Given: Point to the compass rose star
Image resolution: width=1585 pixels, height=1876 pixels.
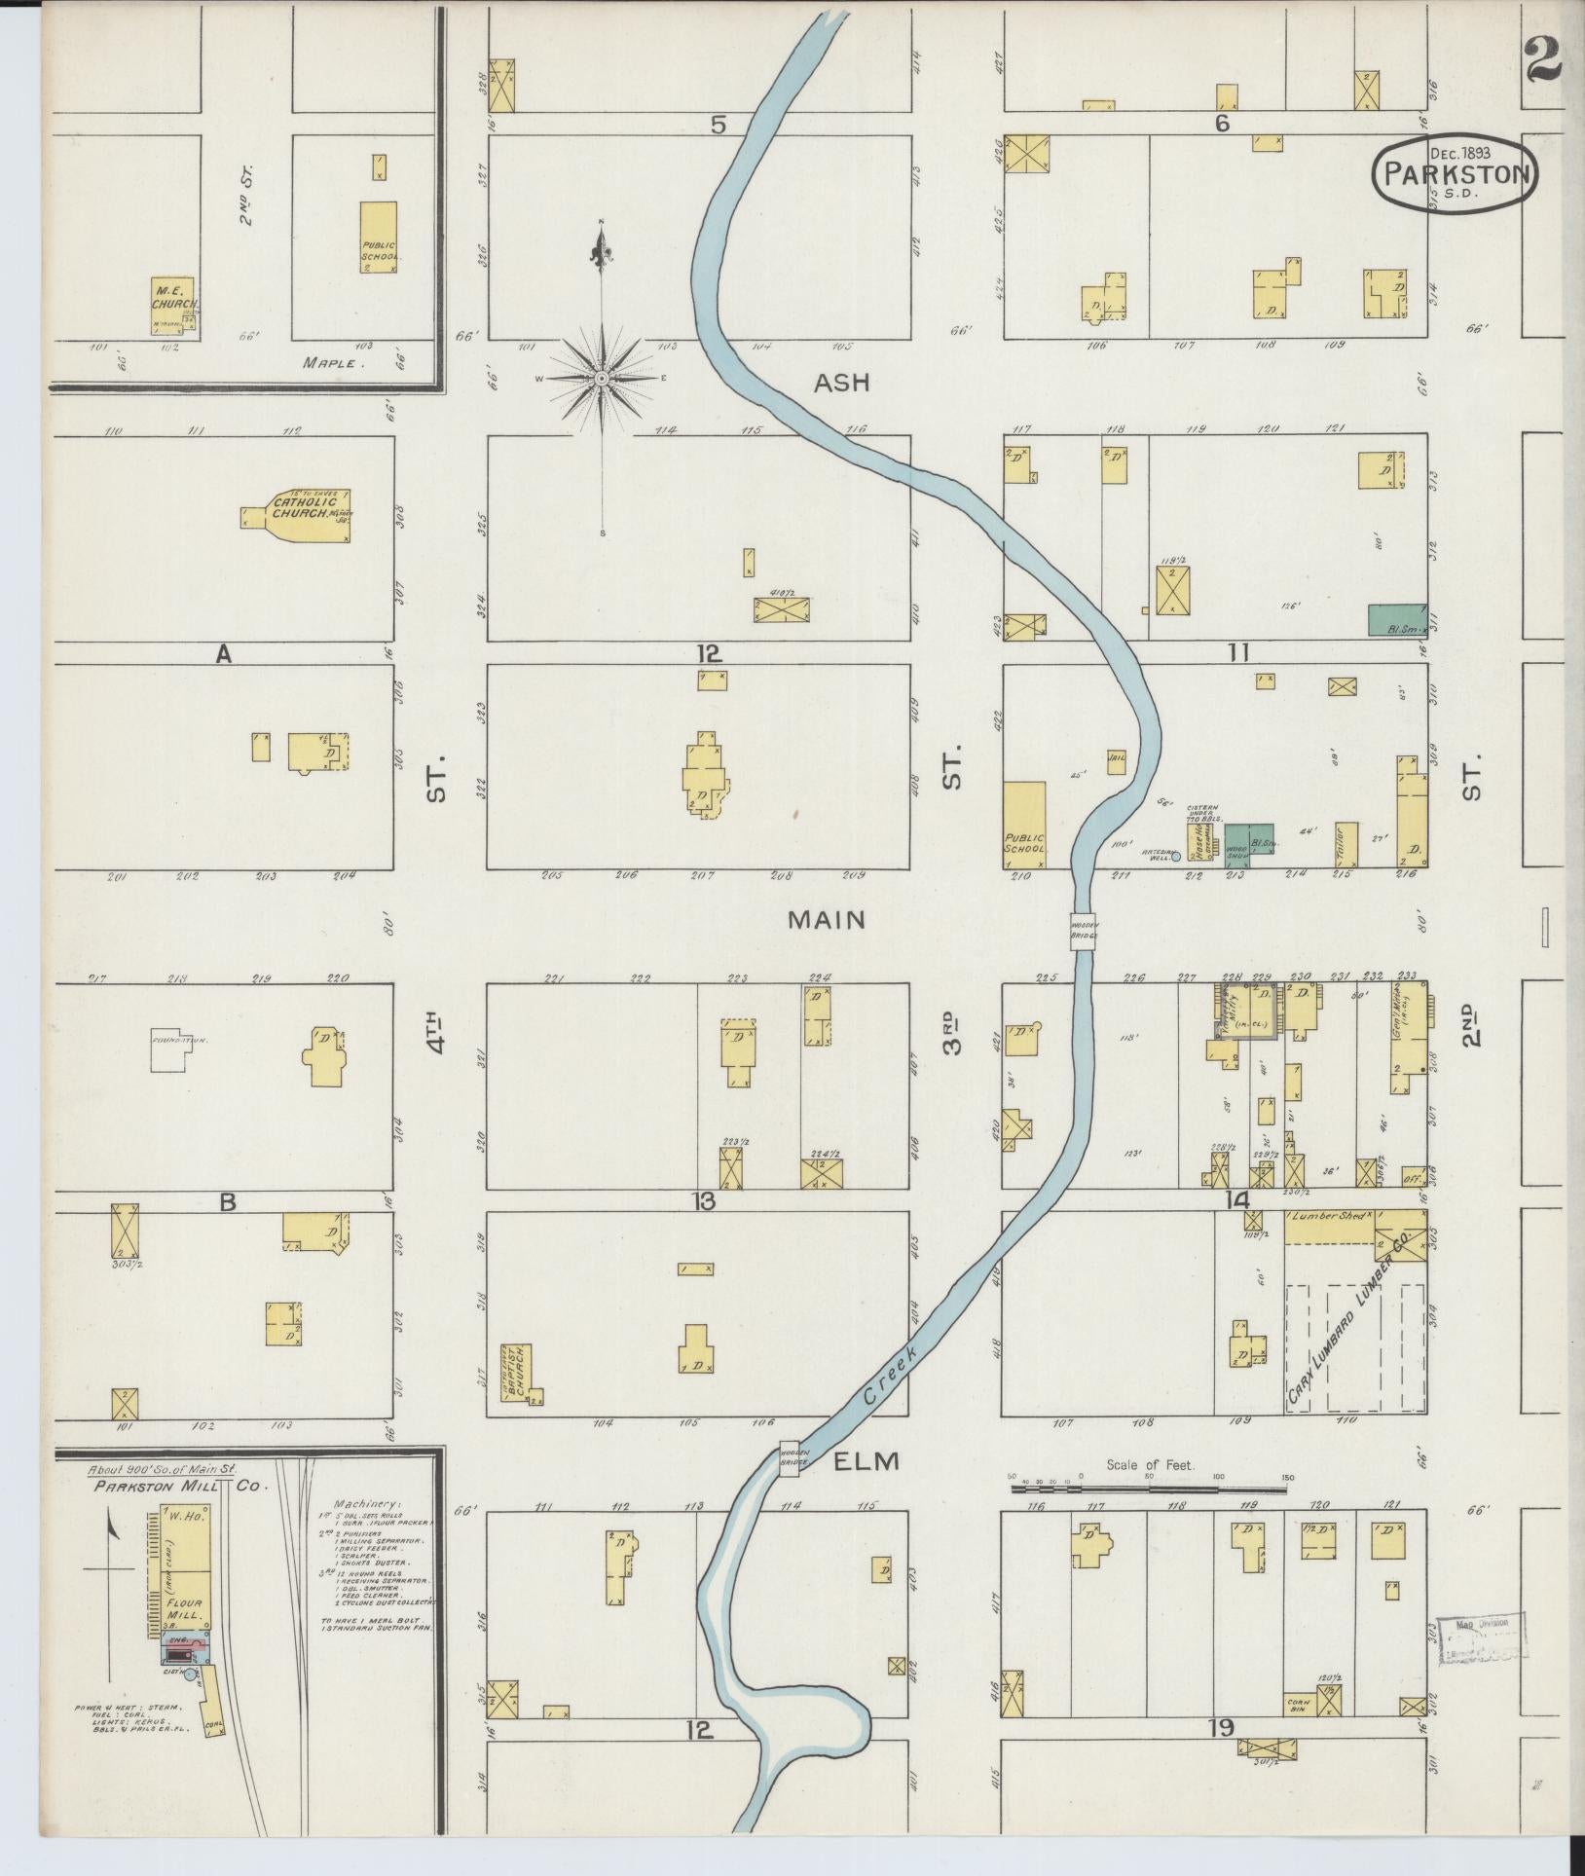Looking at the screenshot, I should click(x=602, y=378).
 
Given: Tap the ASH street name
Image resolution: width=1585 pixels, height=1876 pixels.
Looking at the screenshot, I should click(x=841, y=384).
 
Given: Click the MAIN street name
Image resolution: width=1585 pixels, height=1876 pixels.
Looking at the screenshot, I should click(x=827, y=919).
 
